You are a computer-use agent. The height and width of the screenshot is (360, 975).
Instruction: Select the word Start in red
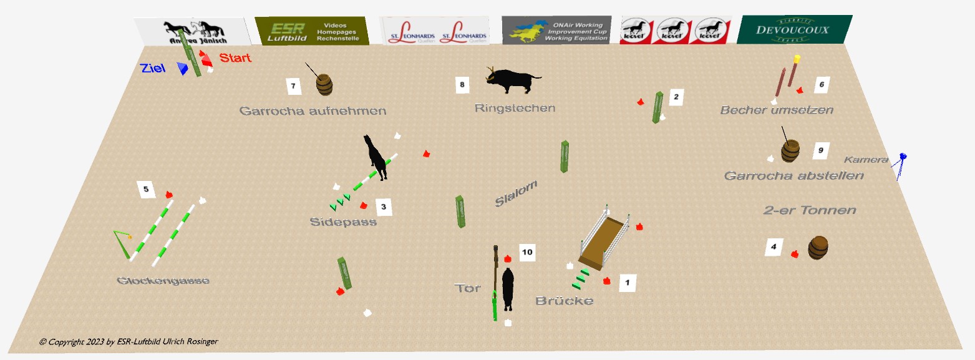tap(235, 58)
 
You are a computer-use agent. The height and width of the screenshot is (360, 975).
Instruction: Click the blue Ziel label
tap(153, 68)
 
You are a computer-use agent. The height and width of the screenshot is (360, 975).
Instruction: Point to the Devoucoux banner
tap(793, 30)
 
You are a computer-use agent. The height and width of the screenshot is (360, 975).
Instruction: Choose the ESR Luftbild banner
tap(312, 31)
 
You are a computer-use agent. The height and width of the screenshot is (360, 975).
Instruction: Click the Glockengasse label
tap(163, 281)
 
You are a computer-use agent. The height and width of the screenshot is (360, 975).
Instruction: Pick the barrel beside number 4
tap(818, 248)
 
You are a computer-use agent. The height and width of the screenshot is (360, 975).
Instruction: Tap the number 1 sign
tap(627, 283)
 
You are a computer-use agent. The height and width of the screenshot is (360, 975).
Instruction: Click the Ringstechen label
tap(515, 108)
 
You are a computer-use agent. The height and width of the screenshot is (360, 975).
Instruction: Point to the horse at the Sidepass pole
tap(376, 157)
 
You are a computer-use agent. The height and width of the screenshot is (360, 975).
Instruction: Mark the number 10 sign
tap(527, 252)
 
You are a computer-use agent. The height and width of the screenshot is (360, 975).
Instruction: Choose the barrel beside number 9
tap(790, 151)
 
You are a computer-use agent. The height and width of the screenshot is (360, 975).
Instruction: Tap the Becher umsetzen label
tap(777, 110)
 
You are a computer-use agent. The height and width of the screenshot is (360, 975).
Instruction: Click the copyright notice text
tap(129, 341)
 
